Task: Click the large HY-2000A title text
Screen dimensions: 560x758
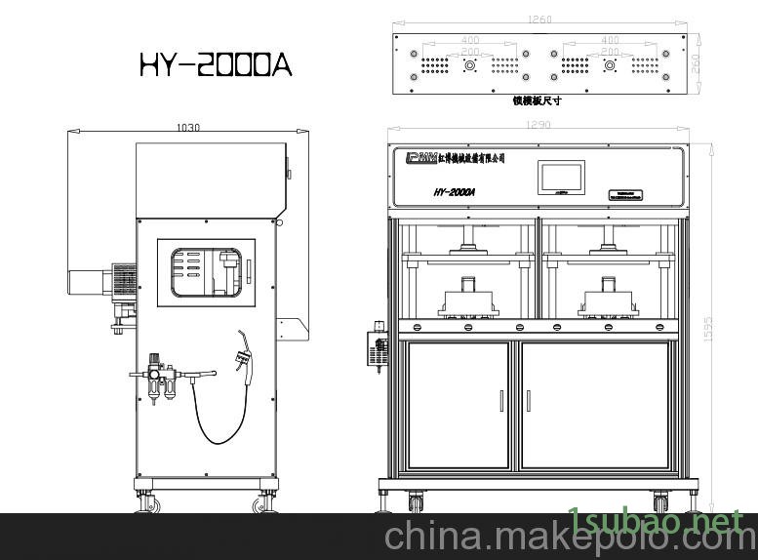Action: pyautogui.click(x=215, y=65)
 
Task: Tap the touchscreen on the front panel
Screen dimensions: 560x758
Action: pyautogui.click(x=560, y=177)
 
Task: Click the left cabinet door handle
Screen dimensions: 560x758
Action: pyautogui.click(x=501, y=401)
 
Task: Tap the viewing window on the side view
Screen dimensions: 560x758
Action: pyautogui.click(x=206, y=272)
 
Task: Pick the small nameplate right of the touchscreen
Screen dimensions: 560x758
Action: pyautogui.click(x=621, y=193)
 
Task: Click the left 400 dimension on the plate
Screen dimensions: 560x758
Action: pyautogui.click(x=469, y=41)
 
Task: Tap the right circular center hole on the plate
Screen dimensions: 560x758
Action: pyautogui.click(x=610, y=65)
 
